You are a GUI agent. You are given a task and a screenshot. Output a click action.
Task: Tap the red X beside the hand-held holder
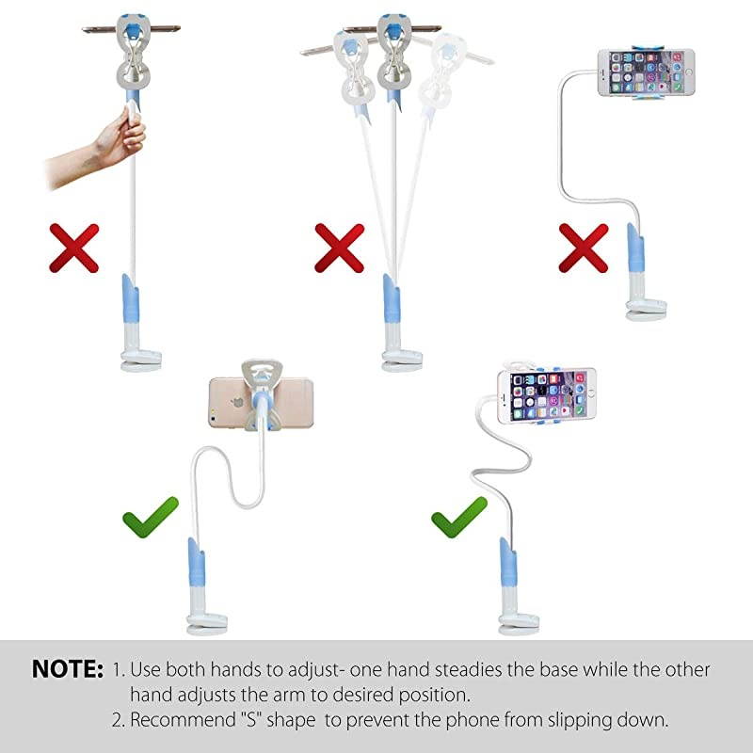pos(74,248)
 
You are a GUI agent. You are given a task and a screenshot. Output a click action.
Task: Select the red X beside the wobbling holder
pos(339,248)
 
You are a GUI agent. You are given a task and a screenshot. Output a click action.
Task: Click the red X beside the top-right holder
pos(584,248)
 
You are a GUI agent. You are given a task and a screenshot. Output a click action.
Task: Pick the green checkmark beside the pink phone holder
pos(151,517)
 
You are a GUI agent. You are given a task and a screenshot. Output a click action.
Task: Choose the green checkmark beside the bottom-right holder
pos(459,517)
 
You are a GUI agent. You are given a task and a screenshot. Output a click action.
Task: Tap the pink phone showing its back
pos(261,403)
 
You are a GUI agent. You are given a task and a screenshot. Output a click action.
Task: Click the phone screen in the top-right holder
pos(646,72)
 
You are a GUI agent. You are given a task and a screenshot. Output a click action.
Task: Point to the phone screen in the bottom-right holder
pos(548,395)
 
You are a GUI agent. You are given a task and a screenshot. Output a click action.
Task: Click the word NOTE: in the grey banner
pos(68,668)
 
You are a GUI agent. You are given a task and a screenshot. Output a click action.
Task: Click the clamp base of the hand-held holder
pos(140,361)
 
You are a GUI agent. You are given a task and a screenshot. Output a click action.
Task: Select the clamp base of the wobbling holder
pos(402,361)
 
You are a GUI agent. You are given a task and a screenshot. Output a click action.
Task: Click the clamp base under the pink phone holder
pos(206,624)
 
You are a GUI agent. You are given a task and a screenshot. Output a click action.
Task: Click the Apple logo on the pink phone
pos(237,402)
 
